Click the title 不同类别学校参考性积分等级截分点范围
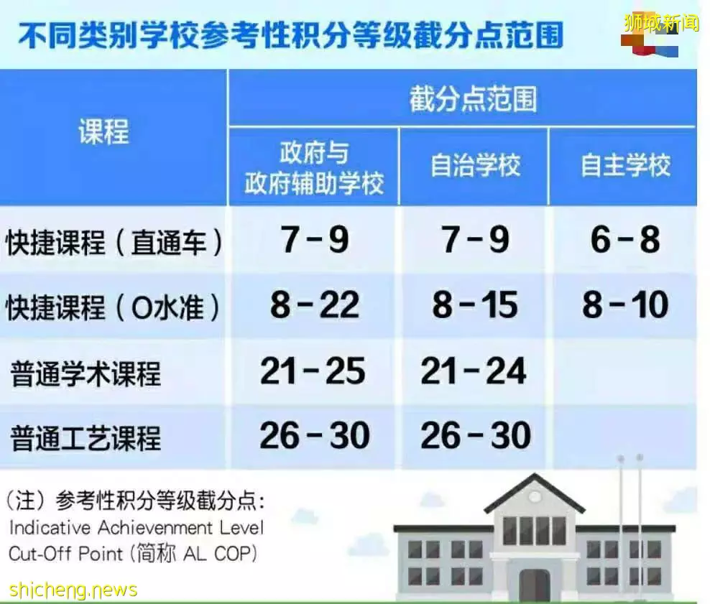coord(290,35)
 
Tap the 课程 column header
coord(103,131)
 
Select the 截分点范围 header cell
coord(473,99)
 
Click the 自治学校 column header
coord(475,165)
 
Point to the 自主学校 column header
coord(625,165)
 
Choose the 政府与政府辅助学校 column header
coord(314,167)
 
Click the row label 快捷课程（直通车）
coord(114,243)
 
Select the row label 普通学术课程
coord(86,373)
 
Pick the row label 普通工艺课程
coord(86,438)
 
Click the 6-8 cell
coord(625,239)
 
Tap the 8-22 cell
coord(315,305)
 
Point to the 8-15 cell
coord(475,305)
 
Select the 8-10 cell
coord(625,305)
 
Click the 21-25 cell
coord(313,371)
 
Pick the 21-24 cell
coord(474,371)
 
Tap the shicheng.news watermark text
coord(73,590)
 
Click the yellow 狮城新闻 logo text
coord(662,22)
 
